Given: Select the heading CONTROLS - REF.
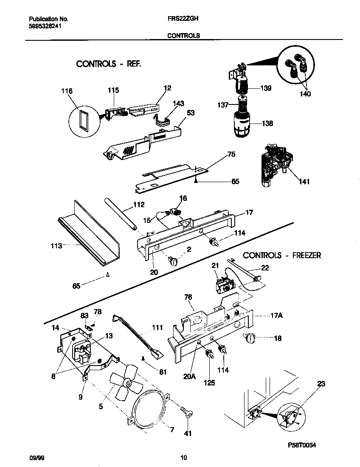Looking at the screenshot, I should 108,64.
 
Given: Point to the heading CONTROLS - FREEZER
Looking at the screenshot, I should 281,255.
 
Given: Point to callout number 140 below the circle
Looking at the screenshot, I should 305,94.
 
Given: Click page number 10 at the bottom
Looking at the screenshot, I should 183,458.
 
